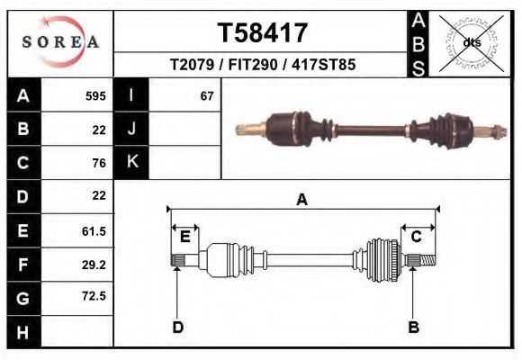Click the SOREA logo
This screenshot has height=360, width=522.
tap(59, 41)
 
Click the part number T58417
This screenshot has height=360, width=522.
tap(263, 33)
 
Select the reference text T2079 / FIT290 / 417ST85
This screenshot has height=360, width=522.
tap(262, 65)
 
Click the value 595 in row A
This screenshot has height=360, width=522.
tap(95, 96)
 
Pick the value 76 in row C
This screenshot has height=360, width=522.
tap(99, 163)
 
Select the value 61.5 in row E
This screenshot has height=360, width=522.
tap(94, 230)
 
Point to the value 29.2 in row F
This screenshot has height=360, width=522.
tap(94, 264)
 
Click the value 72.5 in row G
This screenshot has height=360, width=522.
tap(94, 296)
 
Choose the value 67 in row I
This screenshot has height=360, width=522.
tap(207, 96)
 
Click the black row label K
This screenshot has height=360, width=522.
tap(131, 163)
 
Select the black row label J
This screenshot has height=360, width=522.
tap(131, 130)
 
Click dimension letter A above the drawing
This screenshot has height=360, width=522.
tap(302, 200)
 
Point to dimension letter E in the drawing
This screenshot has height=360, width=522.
tap(184, 237)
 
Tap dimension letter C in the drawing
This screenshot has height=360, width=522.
tap(417, 237)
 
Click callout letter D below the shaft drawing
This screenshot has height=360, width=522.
tap(177, 328)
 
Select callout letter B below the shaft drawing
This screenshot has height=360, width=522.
tap(414, 328)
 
